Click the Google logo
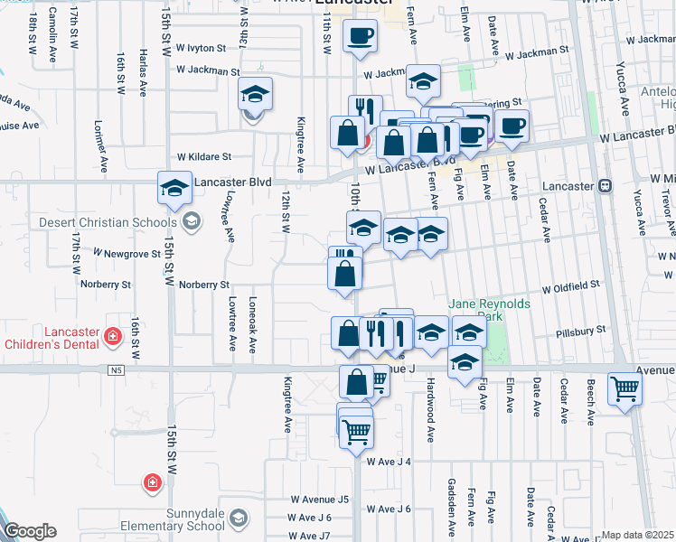29,531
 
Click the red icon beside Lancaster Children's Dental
113,337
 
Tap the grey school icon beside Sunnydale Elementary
237,518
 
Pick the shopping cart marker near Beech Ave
624,389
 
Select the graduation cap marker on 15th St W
174,188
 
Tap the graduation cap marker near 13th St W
255,93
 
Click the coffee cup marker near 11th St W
361,34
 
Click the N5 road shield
115,369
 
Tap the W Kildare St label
204,155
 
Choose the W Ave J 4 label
389,462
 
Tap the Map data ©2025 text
636,535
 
